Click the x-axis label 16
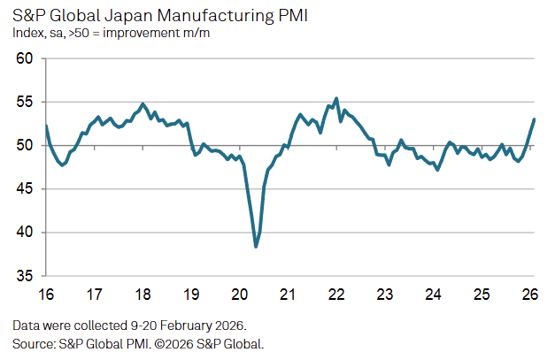[46, 294]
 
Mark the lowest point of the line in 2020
[256, 246]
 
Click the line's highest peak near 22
[336, 98]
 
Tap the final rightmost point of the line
[534, 119]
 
